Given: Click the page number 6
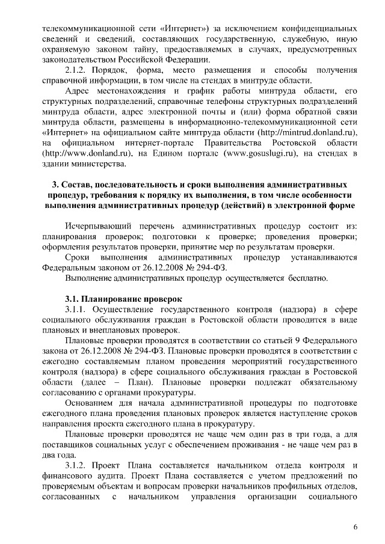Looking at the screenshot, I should point(356,527).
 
